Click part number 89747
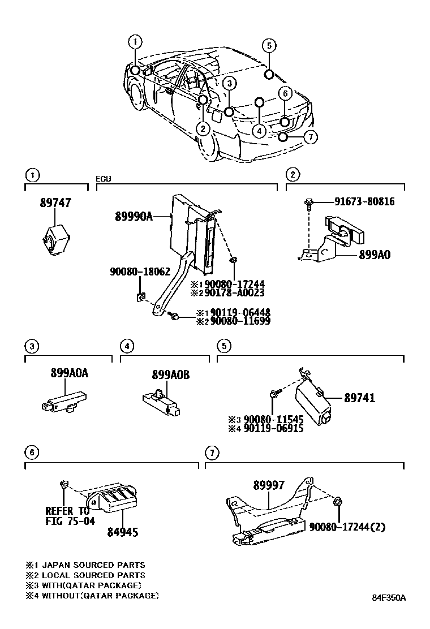pyautogui.click(x=55, y=203)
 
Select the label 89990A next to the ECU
pyautogui.click(x=134, y=216)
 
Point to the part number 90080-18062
pyautogui.click(x=140, y=272)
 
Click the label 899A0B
pyautogui.click(x=170, y=374)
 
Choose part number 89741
pyautogui.click(x=359, y=398)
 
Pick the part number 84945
pyautogui.click(x=122, y=532)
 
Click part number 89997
pyautogui.click(x=269, y=485)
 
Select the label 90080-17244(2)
pyautogui.click(x=347, y=527)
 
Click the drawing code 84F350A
pyautogui.click(x=389, y=598)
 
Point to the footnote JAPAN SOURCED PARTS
pyautogui.click(x=85, y=565)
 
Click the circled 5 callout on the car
pyautogui.click(x=269, y=46)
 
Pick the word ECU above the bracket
pyautogui.click(x=103, y=179)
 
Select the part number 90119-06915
pyautogui.click(x=274, y=429)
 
